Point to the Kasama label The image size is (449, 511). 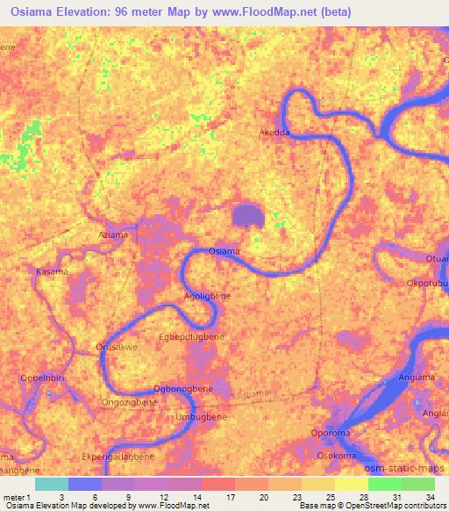coord(51,272)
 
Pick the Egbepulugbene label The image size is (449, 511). coord(192,336)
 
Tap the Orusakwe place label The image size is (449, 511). coord(115,348)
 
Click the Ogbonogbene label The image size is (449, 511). coord(182,388)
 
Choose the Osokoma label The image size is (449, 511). coord(337,455)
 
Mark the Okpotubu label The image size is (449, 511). coord(427,284)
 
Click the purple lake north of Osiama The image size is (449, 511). coord(249,215)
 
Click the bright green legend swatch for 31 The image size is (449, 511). coord(384,484)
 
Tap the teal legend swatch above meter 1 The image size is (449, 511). coord(52,484)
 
